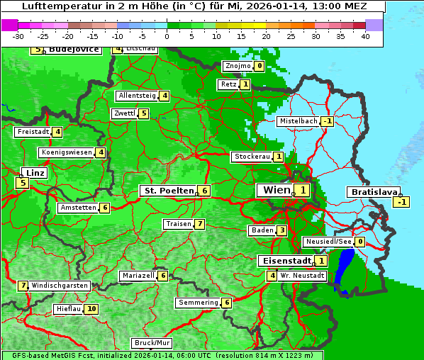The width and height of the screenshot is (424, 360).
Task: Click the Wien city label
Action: [x=277, y=190]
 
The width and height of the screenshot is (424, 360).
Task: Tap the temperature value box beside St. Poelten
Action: [x=204, y=191]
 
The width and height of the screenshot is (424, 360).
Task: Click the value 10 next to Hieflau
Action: [x=91, y=309]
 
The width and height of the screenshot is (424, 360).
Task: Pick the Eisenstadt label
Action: [x=284, y=260]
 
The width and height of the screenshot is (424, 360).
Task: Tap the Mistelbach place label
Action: [x=298, y=121]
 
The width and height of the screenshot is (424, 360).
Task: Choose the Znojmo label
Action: [x=238, y=67]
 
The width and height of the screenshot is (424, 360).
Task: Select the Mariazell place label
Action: [x=138, y=276]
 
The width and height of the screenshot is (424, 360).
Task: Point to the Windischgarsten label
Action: [x=60, y=286]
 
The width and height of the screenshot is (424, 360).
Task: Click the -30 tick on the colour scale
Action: [x=18, y=36]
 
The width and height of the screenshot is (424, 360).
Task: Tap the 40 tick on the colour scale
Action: [x=365, y=36]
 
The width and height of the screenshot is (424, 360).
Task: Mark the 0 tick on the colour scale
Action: [x=167, y=36]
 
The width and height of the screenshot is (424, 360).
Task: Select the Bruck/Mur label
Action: [x=152, y=342]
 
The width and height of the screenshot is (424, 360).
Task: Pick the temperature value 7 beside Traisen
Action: [x=200, y=224]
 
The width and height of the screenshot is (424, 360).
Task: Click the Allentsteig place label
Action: [x=137, y=96]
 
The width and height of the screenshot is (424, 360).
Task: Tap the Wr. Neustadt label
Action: [x=303, y=275]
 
